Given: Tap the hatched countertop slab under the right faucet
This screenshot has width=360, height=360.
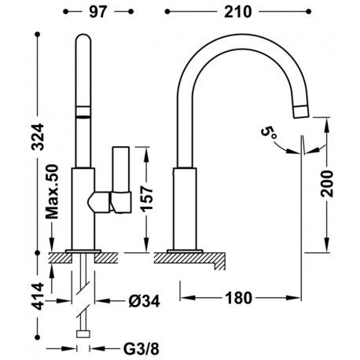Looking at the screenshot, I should pos(193,256).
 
